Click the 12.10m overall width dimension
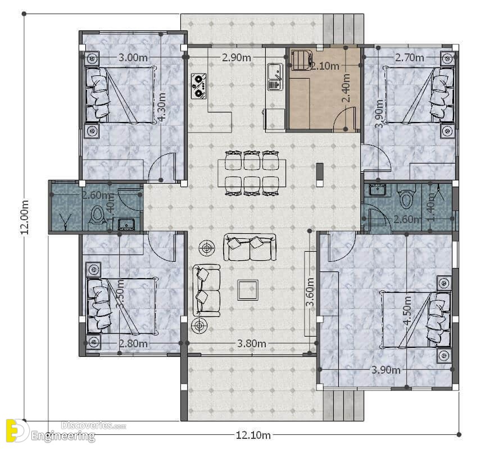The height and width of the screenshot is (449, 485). [253, 436]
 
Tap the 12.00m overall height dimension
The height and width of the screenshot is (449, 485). [25, 217]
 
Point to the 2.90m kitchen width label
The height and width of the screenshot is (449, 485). [236, 57]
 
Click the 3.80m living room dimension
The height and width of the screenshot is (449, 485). [251, 343]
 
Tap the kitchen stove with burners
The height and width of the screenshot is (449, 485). [198, 87]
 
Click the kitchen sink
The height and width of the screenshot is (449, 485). [275, 76]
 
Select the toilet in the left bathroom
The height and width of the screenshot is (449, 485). [97, 215]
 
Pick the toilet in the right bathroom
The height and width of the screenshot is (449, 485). [406, 199]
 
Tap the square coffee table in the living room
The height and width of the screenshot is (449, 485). [248, 290]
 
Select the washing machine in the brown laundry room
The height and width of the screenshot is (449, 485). [301, 59]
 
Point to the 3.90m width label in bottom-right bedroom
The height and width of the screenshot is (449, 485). [386, 370]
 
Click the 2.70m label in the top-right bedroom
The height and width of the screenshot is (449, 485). [410, 57]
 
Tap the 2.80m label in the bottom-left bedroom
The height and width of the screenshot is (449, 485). [133, 343]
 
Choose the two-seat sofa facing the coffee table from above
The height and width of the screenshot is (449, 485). [250, 247]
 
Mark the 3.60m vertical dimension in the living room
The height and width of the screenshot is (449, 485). [310, 292]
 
